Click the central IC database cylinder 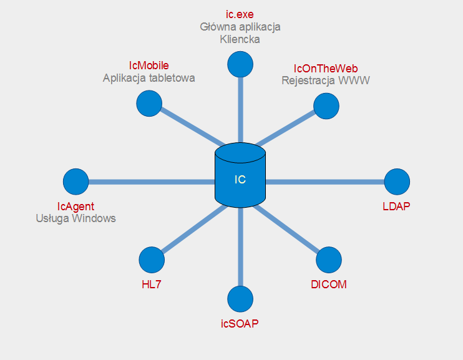click(240, 175)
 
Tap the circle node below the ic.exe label click(240, 64)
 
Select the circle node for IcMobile click(149, 104)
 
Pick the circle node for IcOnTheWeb click(326, 106)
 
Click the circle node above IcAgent click(76, 182)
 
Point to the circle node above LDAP click(397, 182)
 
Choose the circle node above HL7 click(152, 260)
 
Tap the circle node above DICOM click(329, 260)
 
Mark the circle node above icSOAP click(240, 299)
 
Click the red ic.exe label click(240, 14)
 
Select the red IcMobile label click(149, 66)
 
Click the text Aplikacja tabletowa click(149, 78)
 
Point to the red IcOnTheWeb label click(326, 69)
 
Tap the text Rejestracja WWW click(326, 80)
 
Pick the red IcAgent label click(76, 207)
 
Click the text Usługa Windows click(76, 218)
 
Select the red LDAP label click(396, 207)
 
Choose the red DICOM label click(329, 285)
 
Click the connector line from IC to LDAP click(325, 182)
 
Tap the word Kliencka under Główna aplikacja click(240, 39)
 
